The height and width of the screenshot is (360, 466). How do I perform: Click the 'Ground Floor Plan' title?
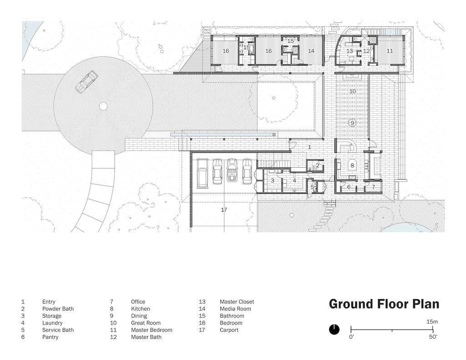(384, 304)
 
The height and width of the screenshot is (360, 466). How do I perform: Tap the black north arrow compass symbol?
(334, 330)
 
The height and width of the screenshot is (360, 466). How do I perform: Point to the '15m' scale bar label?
(432, 322)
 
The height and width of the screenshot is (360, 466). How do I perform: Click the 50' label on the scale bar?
(433, 337)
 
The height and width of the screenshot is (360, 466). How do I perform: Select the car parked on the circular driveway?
(86, 82)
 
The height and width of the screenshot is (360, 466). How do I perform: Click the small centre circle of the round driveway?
(103, 106)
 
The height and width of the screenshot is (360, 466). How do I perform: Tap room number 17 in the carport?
(224, 210)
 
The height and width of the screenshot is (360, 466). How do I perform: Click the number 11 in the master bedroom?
(390, 51)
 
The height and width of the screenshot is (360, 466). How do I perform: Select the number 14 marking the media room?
(311, 51)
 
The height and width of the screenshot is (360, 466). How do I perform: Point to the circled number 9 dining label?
(352, 123)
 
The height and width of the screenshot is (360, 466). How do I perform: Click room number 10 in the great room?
(353, 91)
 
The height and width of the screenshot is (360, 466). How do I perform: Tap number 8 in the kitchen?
(353, 166)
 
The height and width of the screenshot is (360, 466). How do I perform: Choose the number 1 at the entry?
(309, 147)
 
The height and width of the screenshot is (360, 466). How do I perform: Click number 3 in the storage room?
(273, 180)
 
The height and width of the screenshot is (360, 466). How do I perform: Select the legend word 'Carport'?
(229, 330)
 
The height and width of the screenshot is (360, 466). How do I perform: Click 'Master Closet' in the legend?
(237, 302)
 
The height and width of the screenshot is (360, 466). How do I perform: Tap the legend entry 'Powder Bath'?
(58, 309)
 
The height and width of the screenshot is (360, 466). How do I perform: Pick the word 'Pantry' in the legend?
(50, 337)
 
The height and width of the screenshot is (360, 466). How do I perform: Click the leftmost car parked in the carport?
(203, 173)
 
